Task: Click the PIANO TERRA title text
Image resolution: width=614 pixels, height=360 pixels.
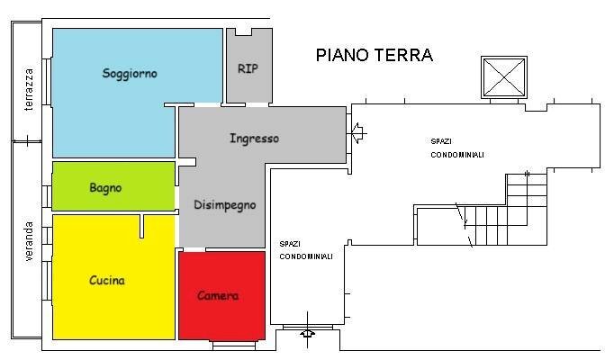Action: (374, 55)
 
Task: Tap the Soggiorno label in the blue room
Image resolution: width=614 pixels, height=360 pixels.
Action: (130, 74)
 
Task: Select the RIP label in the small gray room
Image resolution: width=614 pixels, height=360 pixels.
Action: (248, 68)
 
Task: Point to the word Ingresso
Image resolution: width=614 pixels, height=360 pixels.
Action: (254, 139)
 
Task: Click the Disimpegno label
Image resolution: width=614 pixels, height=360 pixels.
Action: (224, 205)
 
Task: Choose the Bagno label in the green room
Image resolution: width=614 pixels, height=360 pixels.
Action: (105, 188)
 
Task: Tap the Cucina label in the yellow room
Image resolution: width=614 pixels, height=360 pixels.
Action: (107, 281)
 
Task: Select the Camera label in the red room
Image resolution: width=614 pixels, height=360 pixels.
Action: (218, 296)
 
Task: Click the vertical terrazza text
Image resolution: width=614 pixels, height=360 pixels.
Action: (29, 90)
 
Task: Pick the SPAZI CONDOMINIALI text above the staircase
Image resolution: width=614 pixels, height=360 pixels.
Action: (456, 148)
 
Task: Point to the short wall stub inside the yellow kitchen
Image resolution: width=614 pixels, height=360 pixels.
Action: (141, 226)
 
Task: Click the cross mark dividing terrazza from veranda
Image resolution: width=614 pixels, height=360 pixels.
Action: (28, 140)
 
